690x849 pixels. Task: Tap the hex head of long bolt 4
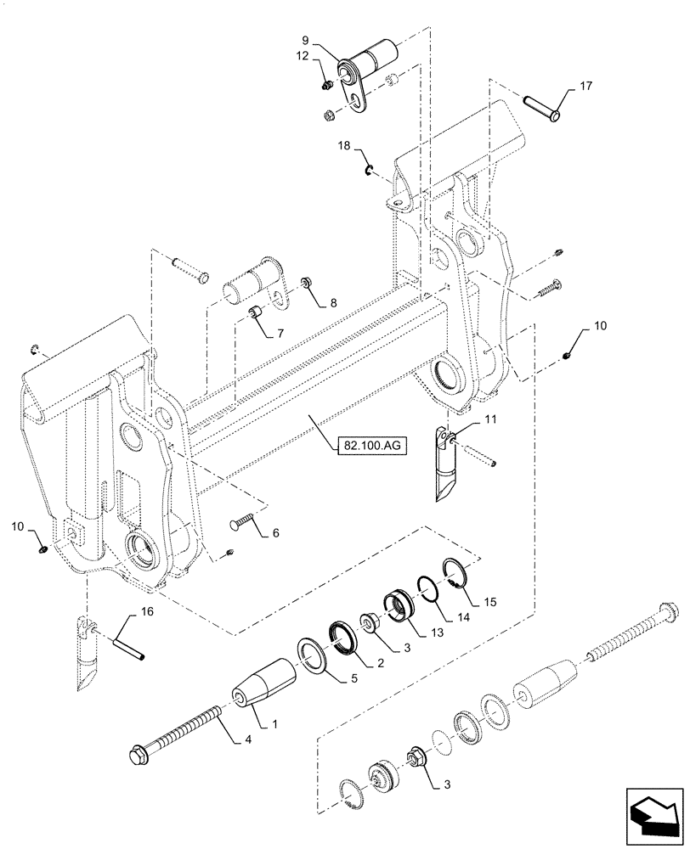(x=138, y=751)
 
